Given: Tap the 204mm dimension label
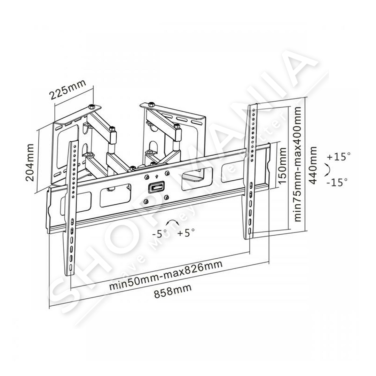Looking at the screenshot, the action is click(30, 162).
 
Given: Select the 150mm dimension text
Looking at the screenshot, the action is click(282, 165).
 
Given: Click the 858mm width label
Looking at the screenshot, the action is click(173, 291).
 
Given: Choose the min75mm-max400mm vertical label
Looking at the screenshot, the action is click(297, 164).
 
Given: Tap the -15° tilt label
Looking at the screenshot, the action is click(337, 182).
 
